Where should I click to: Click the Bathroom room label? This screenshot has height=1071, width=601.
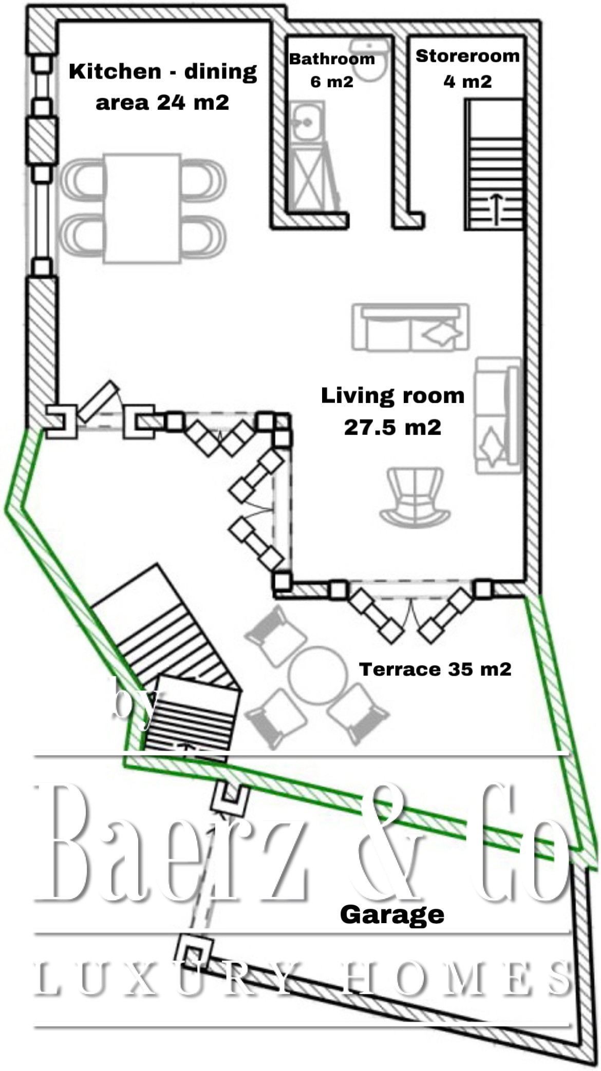pos(332,59)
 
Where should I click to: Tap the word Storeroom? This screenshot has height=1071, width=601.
pos(467,56)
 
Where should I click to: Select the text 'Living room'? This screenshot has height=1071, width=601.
pos(393,396)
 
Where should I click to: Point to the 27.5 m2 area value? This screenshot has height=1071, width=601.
pos(393,427)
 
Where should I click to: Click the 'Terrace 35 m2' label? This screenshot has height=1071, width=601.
pos(435,670)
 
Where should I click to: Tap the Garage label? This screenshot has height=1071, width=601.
pos(392,915)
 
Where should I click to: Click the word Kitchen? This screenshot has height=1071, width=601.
pos(115,71)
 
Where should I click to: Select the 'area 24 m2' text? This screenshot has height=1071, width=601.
pos(162,103)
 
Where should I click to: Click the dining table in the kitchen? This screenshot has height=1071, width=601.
pos(142,208)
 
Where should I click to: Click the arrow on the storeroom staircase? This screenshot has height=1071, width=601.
pos(496,209)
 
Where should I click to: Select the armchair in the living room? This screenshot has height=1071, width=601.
pos(415,497)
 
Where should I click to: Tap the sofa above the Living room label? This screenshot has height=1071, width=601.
pos(410,328)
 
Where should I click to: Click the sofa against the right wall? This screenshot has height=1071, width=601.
pos(497,415)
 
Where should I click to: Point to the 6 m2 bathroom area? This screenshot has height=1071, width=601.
pos(332,82)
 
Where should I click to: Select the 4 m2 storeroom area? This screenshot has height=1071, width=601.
pos(467,81)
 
